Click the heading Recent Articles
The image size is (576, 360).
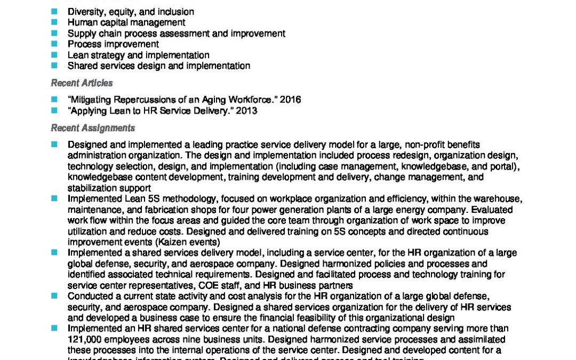[x=82, y=83]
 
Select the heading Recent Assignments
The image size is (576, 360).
[x=93, y=128]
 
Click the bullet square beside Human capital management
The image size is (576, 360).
[x=54, y=22]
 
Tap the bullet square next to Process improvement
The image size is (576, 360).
[x=54, y=44]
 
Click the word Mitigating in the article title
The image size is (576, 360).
[x=91, y=100]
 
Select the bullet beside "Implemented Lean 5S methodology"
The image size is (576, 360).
[x=54, y=198]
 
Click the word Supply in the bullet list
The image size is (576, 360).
[x=81, y=33]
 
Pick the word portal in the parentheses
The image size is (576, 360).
[x=505, y=166]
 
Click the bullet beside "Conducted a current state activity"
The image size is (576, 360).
[x=54, y=296]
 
